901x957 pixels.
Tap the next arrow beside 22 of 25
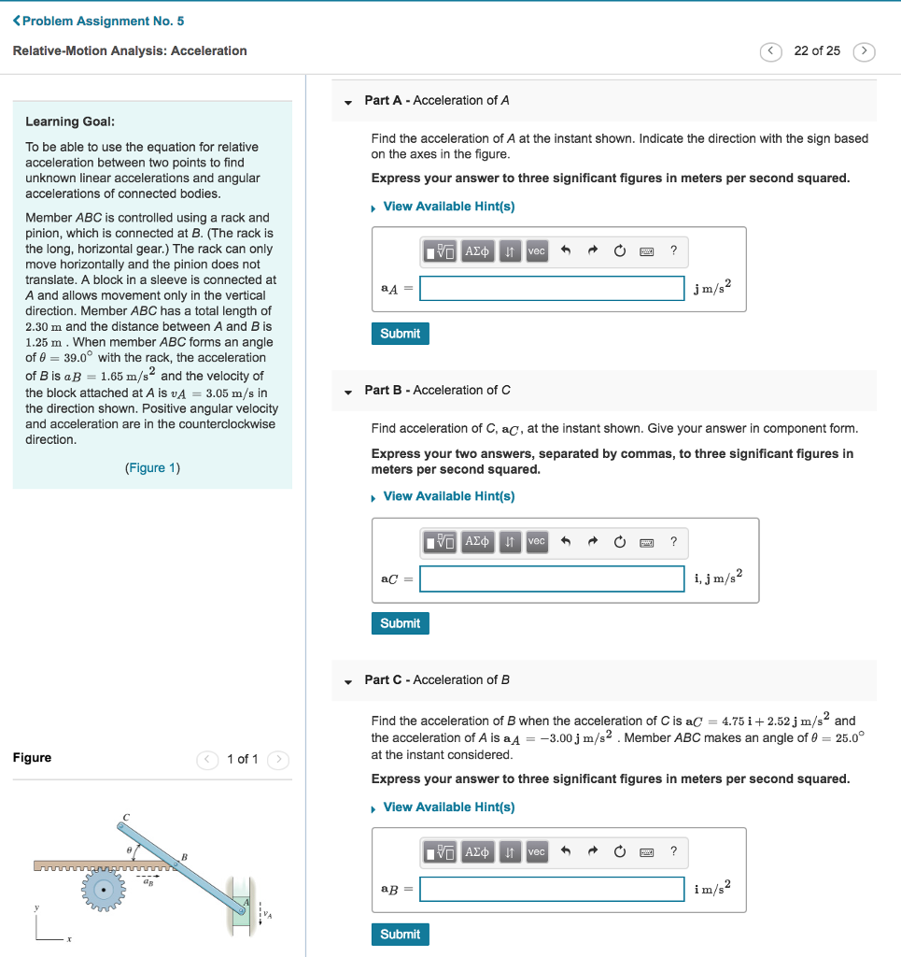point(866,51)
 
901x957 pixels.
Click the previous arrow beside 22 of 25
point(771,51)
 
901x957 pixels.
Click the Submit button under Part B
point(401,623)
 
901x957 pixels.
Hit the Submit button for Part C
point(401,934)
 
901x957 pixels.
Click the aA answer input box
point(552,289)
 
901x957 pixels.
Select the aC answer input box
point(552,578)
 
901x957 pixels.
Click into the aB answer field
point(552,889)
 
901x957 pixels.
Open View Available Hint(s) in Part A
point(448,207)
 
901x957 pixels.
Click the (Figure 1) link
point(152,467)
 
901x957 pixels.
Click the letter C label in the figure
point(126,817)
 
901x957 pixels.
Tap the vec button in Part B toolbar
point(536,541)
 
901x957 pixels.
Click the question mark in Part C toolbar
point(673,851)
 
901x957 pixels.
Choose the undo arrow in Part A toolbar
point(565,251)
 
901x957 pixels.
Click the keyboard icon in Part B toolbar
point(646,541)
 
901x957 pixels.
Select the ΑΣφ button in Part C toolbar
point(477,851)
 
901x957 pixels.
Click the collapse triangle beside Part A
point(348,101)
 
